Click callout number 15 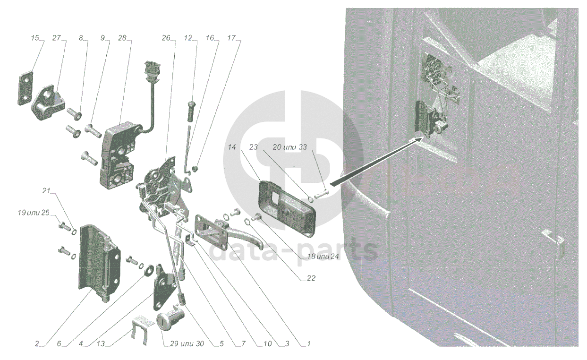point(35,38)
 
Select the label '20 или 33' point(289,147)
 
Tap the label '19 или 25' point(34,213)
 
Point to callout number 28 point(122,38)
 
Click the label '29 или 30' point(187,344)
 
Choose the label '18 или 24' point(323,257)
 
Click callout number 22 point(311,278)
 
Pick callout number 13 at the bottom point(101,344)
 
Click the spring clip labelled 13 point(139,328)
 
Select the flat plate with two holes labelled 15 point(26,88)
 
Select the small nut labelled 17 point(195,169)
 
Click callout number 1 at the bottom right point(309,344)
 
